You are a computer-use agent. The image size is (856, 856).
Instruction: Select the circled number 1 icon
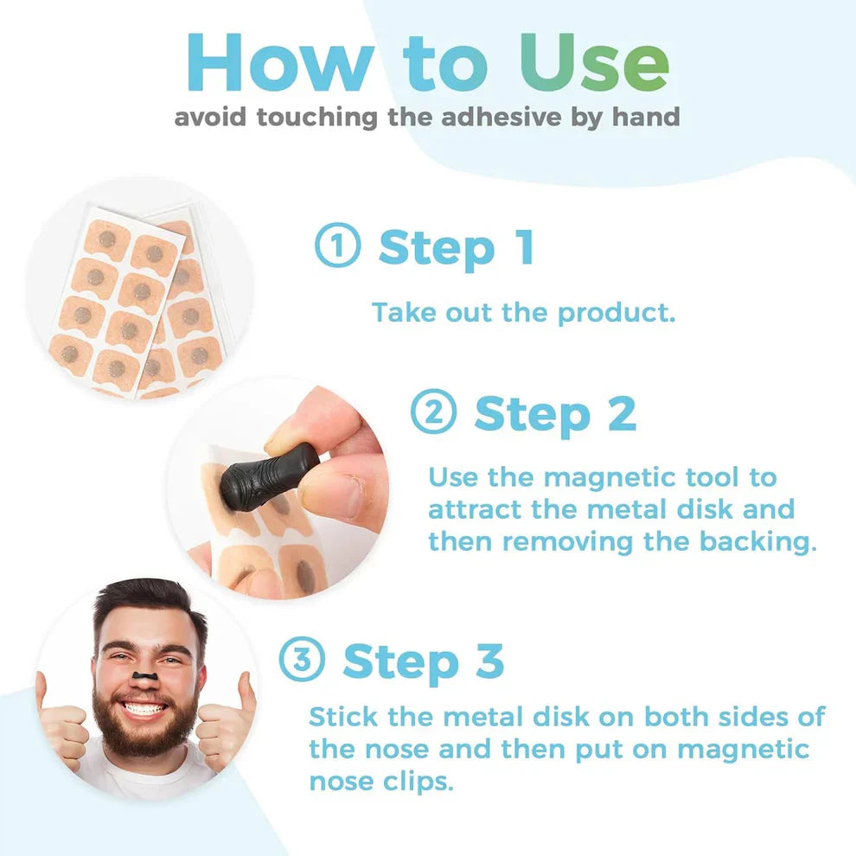click(337, 247)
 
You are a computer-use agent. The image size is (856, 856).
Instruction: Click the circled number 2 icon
click(432, 414)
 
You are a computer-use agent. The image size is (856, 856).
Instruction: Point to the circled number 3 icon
click(302, 661)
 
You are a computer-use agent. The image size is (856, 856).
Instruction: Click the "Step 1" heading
click(456, 247)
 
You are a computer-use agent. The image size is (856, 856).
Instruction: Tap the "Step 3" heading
click(423, 661)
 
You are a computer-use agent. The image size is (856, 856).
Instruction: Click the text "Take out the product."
click(523, 312)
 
